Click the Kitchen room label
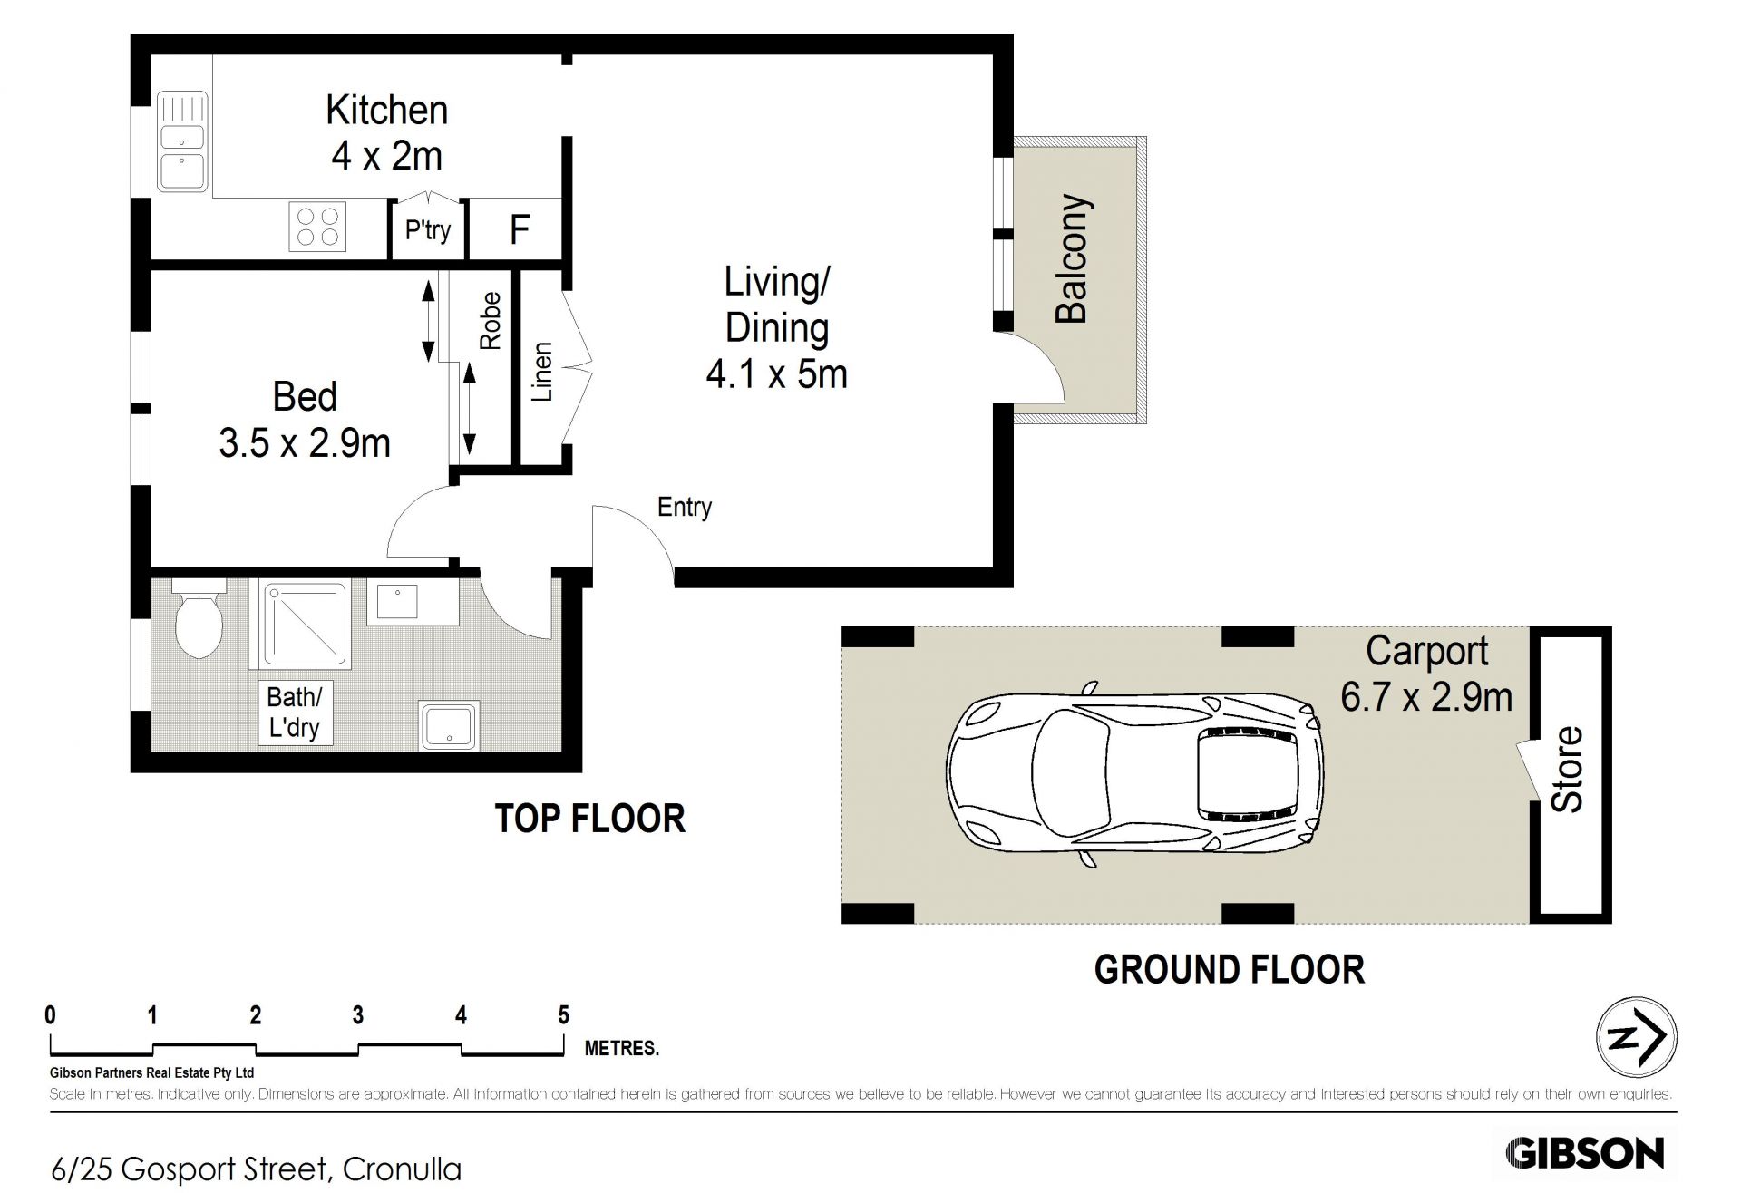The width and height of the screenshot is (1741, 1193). click(387, 110)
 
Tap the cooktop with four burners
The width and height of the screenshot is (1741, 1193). click(318, 227)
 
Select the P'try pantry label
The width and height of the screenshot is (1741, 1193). click(428, 229)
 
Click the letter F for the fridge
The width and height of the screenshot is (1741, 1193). click(520, 229)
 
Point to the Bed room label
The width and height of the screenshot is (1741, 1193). click(305, 397)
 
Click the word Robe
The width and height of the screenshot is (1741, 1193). click(490, 321)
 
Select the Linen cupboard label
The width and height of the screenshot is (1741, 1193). click(542, 372)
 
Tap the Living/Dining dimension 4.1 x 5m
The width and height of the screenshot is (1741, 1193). click(776, 374)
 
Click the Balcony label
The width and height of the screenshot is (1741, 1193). click(1073, 258)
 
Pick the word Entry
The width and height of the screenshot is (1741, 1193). click(685, 507)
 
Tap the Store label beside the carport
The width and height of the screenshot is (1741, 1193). click(1568, 770)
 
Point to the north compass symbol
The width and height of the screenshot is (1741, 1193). click(1636, 1038)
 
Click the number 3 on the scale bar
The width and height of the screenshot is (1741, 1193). click(358, 1015)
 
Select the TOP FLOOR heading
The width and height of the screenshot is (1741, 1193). click(589, 819)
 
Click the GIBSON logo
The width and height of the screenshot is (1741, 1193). click(1585, 1153)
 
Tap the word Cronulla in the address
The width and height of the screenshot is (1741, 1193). click(403, 1169)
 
